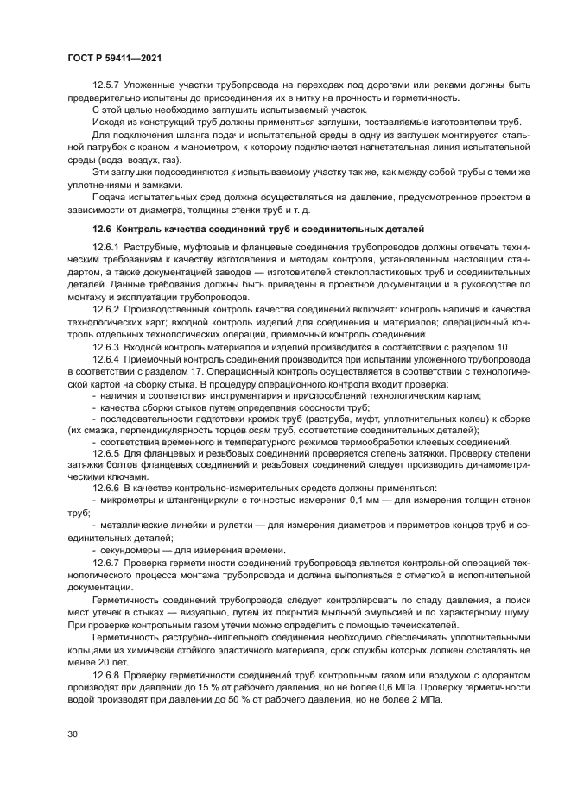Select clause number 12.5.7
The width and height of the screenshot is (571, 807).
coord(108,86)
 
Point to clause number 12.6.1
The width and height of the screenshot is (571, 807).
coord(108,248)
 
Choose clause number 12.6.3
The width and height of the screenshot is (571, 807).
coord(108,346)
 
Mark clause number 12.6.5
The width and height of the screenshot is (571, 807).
coord(108,452)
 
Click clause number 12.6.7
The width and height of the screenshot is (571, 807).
coord(108,561)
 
